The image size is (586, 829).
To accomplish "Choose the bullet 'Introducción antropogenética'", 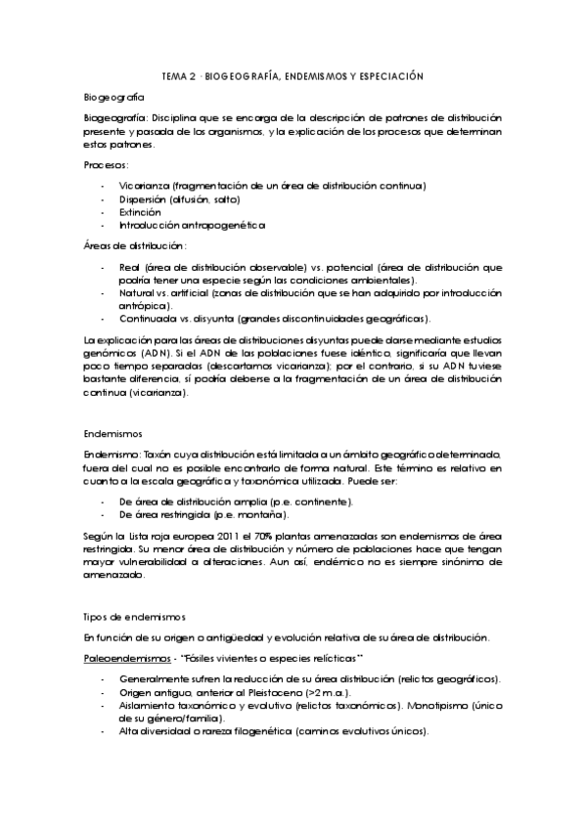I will [x=178, y=225].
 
